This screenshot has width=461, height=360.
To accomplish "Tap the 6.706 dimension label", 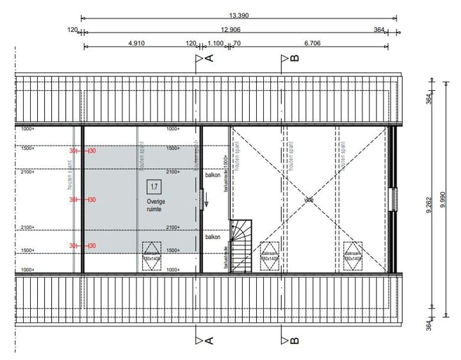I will (312, 43).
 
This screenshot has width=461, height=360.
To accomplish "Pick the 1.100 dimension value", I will (216, 43).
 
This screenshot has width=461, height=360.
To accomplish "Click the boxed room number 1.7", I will (154, 187).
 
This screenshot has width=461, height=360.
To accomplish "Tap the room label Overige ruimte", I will (156, 204).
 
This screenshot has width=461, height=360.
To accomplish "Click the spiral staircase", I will (241, 246).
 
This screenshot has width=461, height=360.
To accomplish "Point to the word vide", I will (309, 200).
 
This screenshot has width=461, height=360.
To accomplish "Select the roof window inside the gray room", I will (152, 252).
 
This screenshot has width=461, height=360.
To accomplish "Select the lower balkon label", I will (213, 237).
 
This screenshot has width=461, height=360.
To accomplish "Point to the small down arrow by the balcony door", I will (207, 204).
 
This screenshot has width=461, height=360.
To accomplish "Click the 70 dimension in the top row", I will (237, 43).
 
